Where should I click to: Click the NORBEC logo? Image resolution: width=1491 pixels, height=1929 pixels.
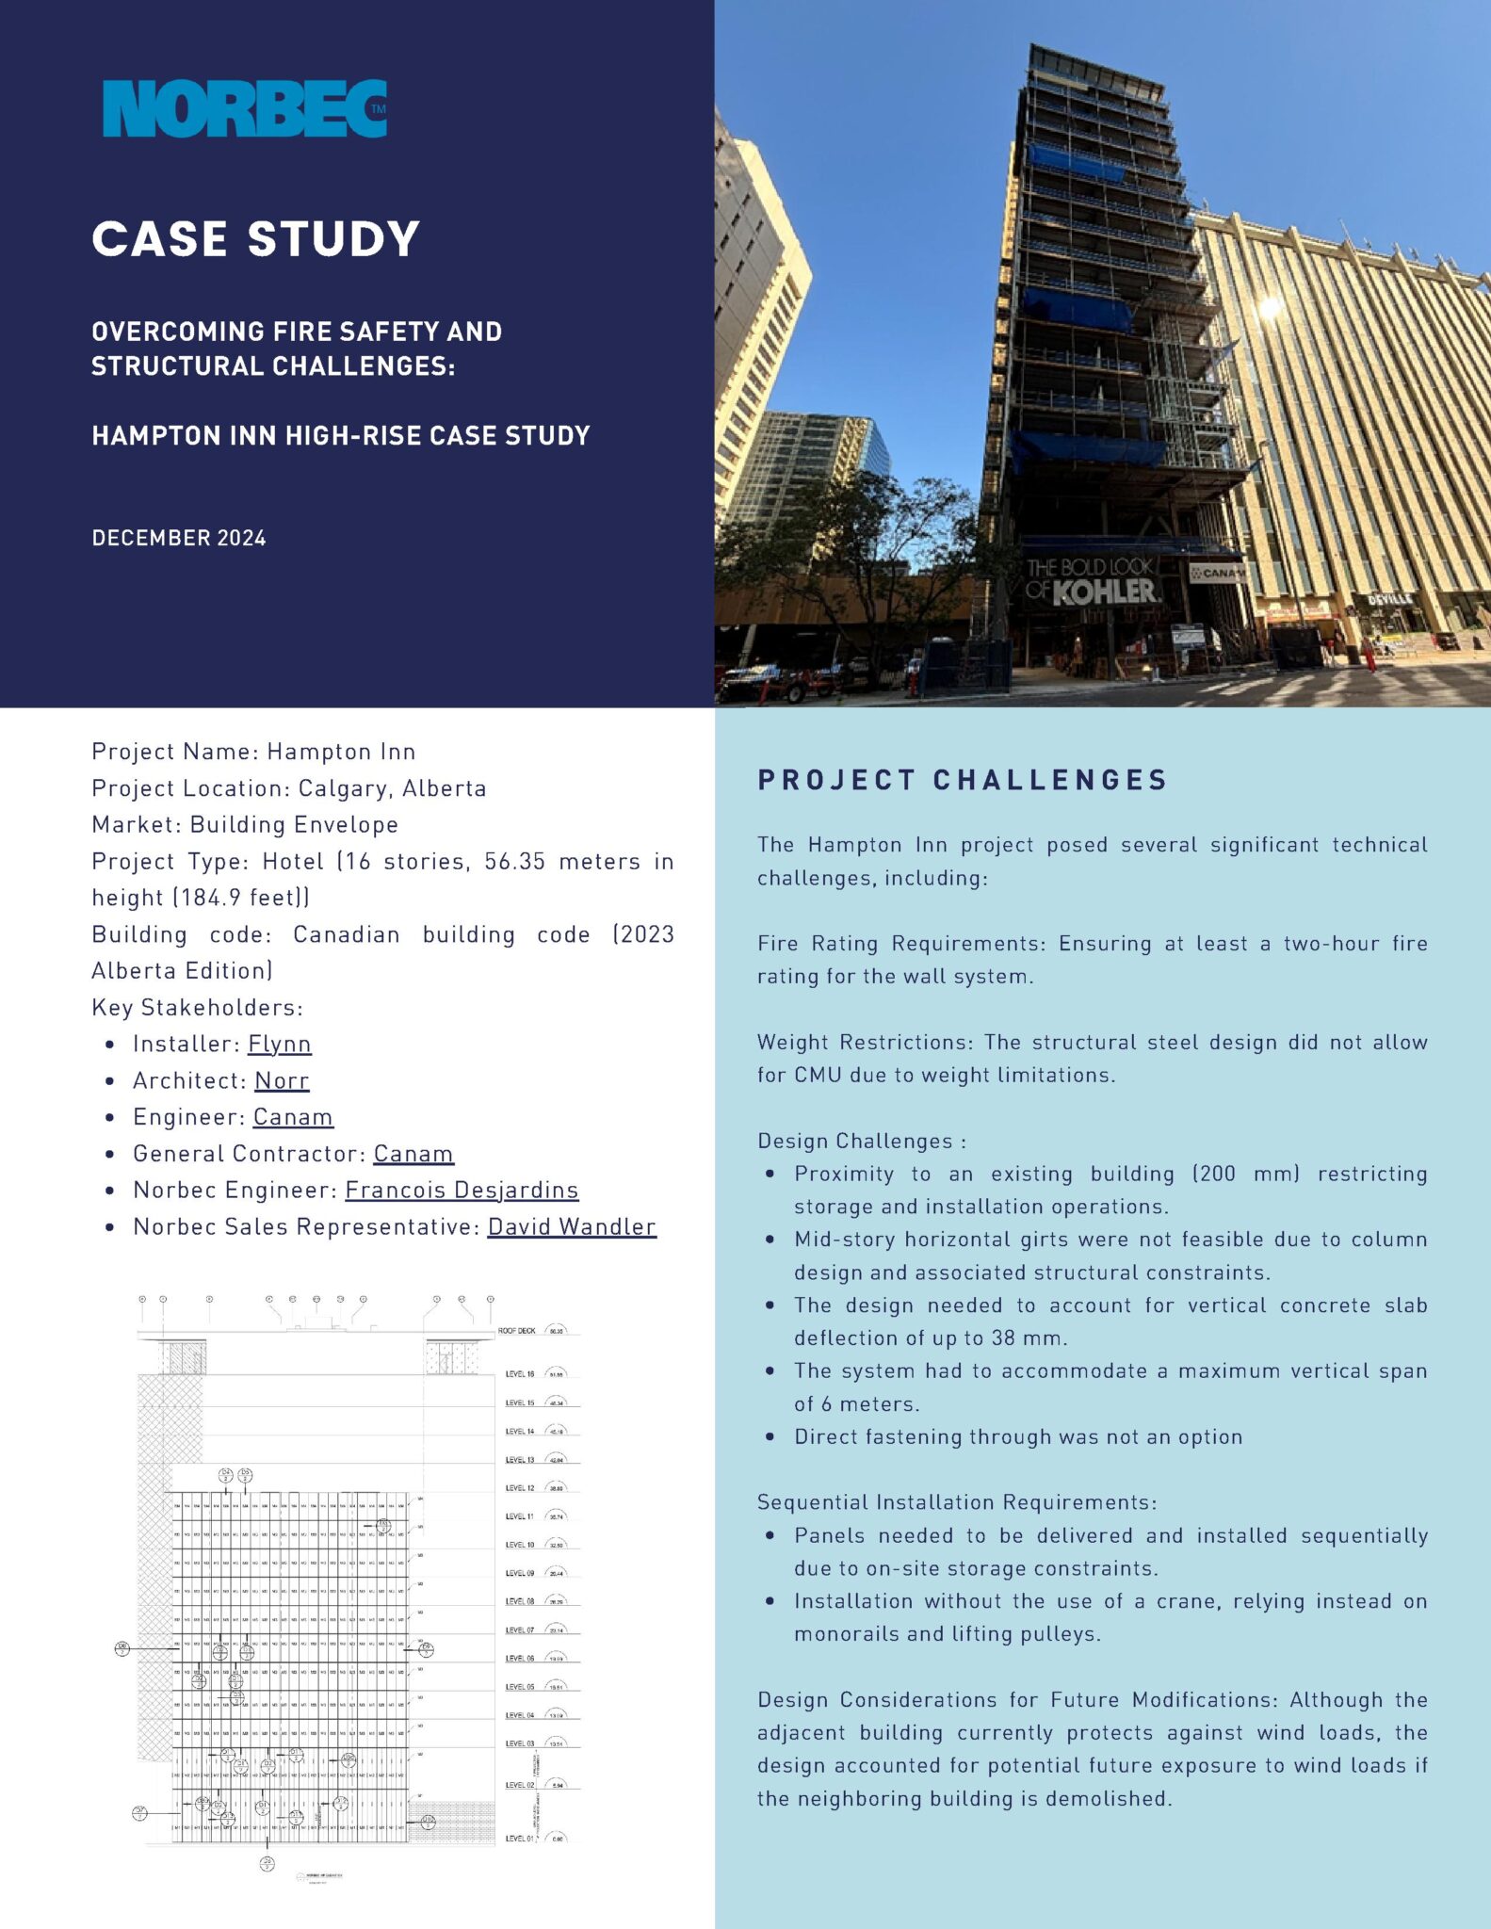point(245,109)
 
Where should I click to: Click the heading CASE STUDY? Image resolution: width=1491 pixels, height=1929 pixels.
point(255,239)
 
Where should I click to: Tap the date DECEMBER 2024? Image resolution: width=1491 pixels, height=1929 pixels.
point(179,539)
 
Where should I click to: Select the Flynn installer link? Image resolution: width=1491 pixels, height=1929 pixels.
point(279,1044)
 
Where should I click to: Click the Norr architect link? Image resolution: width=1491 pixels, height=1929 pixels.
point(282,1080)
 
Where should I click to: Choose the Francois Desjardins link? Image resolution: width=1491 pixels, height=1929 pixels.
point(462,1190)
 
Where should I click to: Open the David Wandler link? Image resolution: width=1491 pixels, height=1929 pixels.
point(572,1226)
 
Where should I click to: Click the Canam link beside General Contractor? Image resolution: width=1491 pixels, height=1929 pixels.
point(413,1154)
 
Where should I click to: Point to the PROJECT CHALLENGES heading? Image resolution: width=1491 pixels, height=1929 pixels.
point(962,780)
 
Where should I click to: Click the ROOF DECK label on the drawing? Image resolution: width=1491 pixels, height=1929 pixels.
point(516,1331)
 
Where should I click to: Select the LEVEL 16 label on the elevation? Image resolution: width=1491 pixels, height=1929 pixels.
point(519,1374)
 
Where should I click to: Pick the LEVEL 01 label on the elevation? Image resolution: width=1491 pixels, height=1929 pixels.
point(519,1839)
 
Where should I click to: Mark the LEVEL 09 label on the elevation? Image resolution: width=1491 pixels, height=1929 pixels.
point(519,1574)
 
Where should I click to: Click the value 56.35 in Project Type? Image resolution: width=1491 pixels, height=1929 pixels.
point(514,862)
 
